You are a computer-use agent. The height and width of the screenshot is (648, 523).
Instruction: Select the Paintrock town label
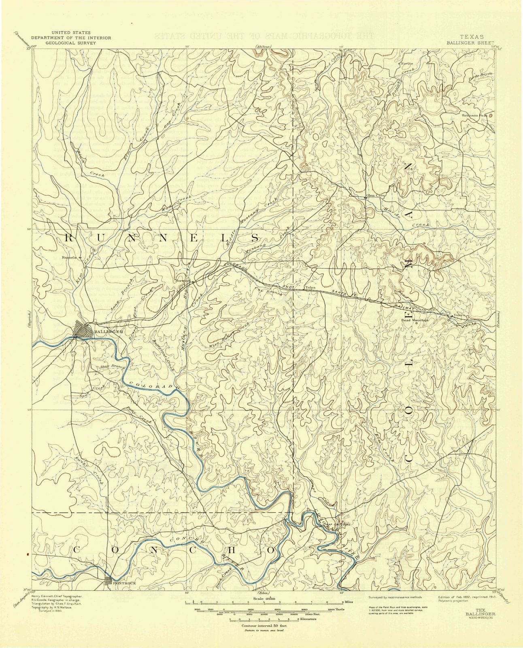122,583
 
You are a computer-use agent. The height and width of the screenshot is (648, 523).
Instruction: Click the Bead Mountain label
415,320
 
